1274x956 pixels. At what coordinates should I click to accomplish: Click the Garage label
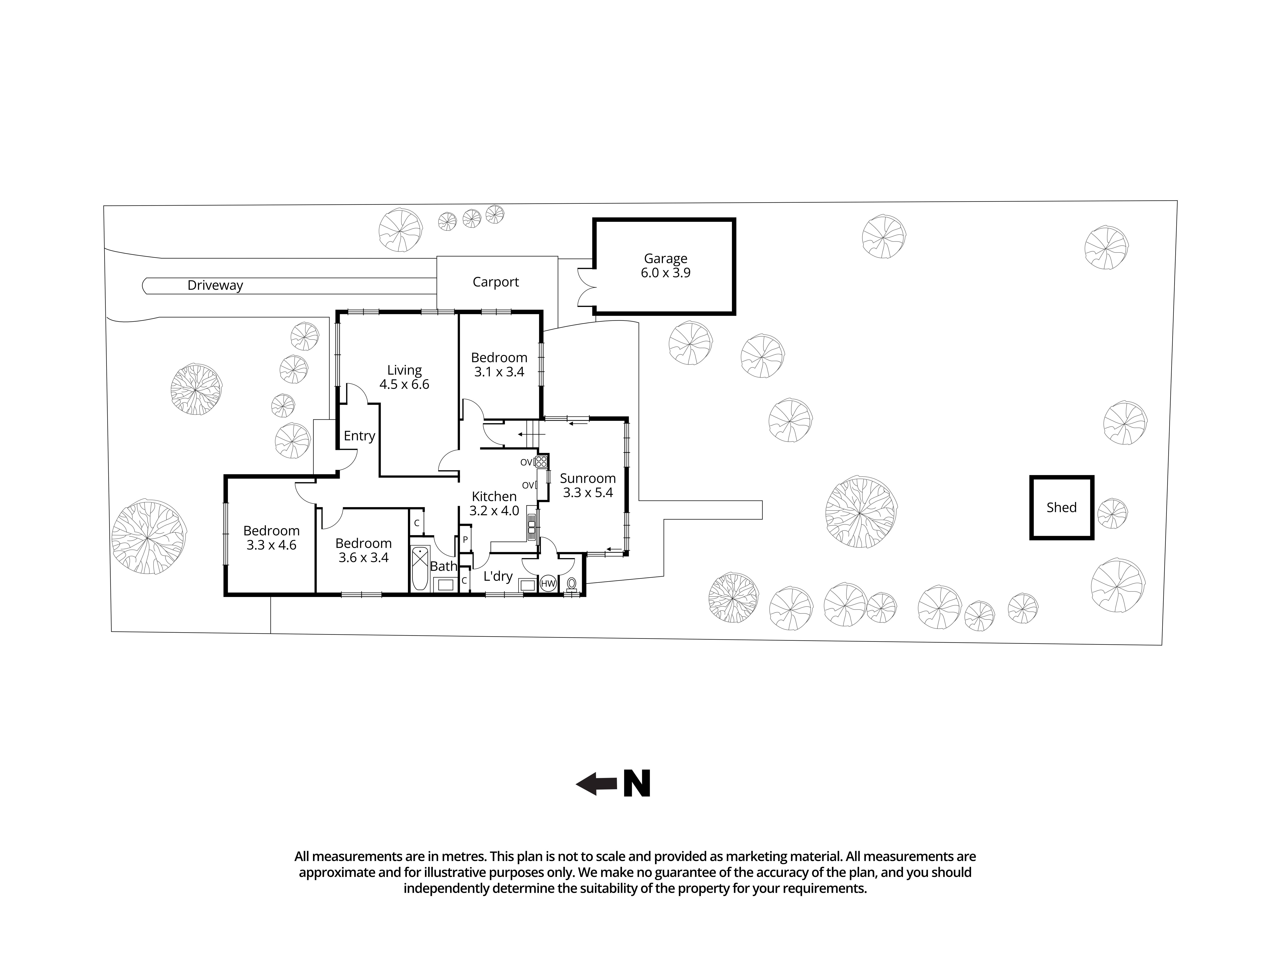click(x=665, y=259)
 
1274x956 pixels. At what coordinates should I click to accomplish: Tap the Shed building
click(x=1061, y=507)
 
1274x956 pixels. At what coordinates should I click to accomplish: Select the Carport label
click(x=495, y=282)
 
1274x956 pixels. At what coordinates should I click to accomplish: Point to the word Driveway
click(x=215, y=285)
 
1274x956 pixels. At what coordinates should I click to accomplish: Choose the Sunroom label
click(x=588, y=478)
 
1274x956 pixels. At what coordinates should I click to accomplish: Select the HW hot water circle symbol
click(x=548, y=584)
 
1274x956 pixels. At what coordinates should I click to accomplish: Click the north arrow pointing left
click(x=596, y=784)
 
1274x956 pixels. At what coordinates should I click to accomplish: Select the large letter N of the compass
click(x=637, y=784)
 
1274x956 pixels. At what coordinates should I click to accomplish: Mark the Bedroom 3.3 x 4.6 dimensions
click(x=271, y=545)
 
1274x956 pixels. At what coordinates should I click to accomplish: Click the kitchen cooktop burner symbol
click(x=541, y=462)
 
